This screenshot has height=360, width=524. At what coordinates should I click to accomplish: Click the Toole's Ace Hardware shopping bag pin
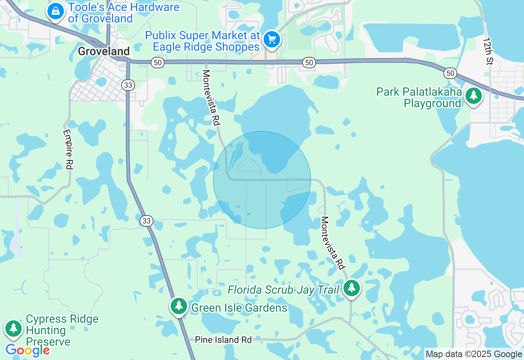pos(55,11)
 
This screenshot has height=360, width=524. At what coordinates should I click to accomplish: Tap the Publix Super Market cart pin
pos(271,40)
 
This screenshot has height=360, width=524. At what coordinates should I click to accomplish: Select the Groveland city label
pos(104,51)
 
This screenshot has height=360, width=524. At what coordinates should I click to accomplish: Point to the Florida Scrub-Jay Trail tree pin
pos(351,288)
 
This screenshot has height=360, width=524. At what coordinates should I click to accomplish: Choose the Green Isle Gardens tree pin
pos(178,306)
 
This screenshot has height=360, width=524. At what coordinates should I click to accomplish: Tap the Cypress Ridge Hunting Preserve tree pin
pos(14,328)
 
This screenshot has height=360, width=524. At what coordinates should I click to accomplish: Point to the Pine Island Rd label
pos(223,340)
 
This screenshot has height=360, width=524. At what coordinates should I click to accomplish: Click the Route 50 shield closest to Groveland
pos(157,63)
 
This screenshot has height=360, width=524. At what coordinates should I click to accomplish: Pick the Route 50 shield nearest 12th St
pos(450,73)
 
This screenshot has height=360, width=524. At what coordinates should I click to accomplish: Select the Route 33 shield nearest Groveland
pos(128,85)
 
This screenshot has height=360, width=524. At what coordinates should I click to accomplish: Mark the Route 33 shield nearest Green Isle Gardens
pos(147,221)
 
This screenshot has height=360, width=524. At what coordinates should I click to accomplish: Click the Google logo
pos(27,351)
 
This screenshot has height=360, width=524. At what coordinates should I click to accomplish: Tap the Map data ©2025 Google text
pos(474,354)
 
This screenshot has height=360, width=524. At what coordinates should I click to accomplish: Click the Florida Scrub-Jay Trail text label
pos(283,290)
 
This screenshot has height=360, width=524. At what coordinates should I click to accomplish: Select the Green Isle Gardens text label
pos(239,308)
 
